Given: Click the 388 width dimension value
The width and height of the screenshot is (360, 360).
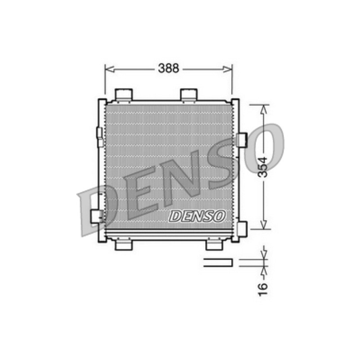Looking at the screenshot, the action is click(x=168, y=68).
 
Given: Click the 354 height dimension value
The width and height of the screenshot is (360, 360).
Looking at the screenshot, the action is click(x=263, y=167).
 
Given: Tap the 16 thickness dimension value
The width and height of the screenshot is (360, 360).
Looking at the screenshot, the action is click(x=263, y=289).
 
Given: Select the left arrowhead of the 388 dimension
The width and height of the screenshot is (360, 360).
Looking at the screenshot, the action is click(x=110, y=69).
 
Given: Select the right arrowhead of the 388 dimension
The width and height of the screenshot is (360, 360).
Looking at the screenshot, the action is click(x=228, y=69).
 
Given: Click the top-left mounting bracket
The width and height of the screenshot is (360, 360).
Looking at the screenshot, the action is click(x=124, y=94).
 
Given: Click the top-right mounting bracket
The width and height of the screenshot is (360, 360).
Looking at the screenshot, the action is click(x=189, y=94).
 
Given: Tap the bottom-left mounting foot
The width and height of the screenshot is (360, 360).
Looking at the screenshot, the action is click(x=123, y=245).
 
